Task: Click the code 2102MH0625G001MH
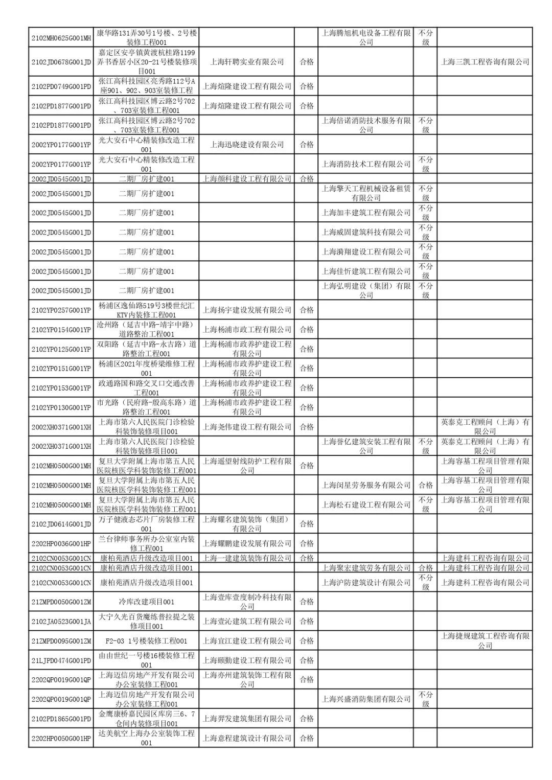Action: point(61,37)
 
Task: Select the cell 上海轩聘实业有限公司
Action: point(247,62)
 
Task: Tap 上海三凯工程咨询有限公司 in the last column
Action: point(485,62)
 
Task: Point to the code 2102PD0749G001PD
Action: point(61,86)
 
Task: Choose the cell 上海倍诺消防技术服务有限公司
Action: point(365,125)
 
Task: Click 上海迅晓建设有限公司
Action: point(247,145)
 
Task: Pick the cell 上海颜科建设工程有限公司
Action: point(247,179)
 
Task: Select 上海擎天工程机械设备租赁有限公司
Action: point(365,193)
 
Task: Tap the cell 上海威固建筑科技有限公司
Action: point(365,232)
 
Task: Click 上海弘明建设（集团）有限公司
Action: point(365,290)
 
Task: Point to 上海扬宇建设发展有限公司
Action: point(247,310)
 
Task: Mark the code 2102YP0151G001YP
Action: point(61,369)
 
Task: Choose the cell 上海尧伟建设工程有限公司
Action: point(247,427)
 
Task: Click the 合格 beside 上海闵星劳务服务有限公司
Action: point(425,485)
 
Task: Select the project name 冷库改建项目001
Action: point(146,602)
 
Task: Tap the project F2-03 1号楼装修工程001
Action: point(146,640)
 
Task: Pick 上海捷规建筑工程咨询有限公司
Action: point(485,640)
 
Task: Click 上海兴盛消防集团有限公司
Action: point(365,699)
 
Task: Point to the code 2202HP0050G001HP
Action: point(61,738)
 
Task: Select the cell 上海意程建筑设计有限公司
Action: point(247,738)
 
